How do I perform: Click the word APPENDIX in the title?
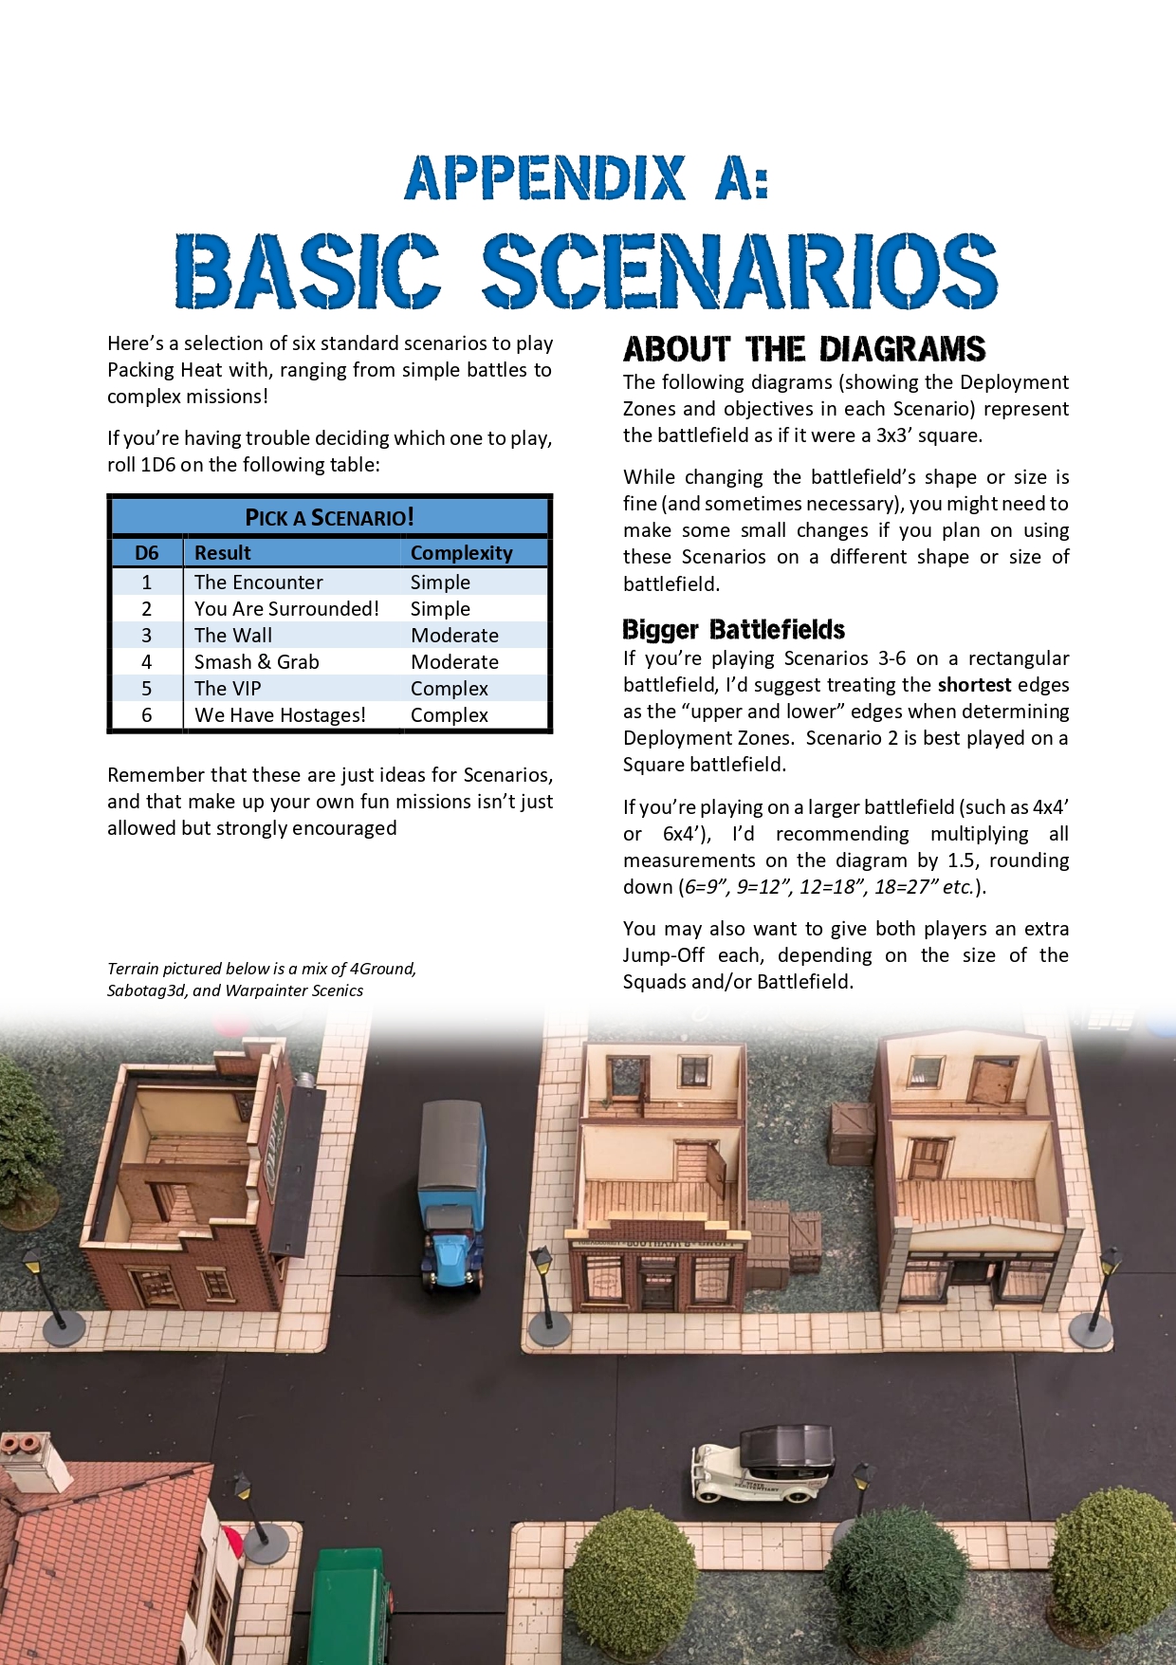pos(545,177)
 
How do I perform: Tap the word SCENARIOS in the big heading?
pos(740,272)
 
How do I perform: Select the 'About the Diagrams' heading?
pos(804,349)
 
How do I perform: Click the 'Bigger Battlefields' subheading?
pos(733,630)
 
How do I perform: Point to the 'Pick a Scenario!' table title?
pos(329,517)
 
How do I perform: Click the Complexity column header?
pos(461,553)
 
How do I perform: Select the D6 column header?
pos(147,553)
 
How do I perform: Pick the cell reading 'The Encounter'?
pos(258,583)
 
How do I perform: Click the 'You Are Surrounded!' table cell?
pos(286,609)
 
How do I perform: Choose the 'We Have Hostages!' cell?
pos(280,715)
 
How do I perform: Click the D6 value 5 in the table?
pos(147,689)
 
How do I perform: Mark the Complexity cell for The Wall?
pos(454,636)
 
